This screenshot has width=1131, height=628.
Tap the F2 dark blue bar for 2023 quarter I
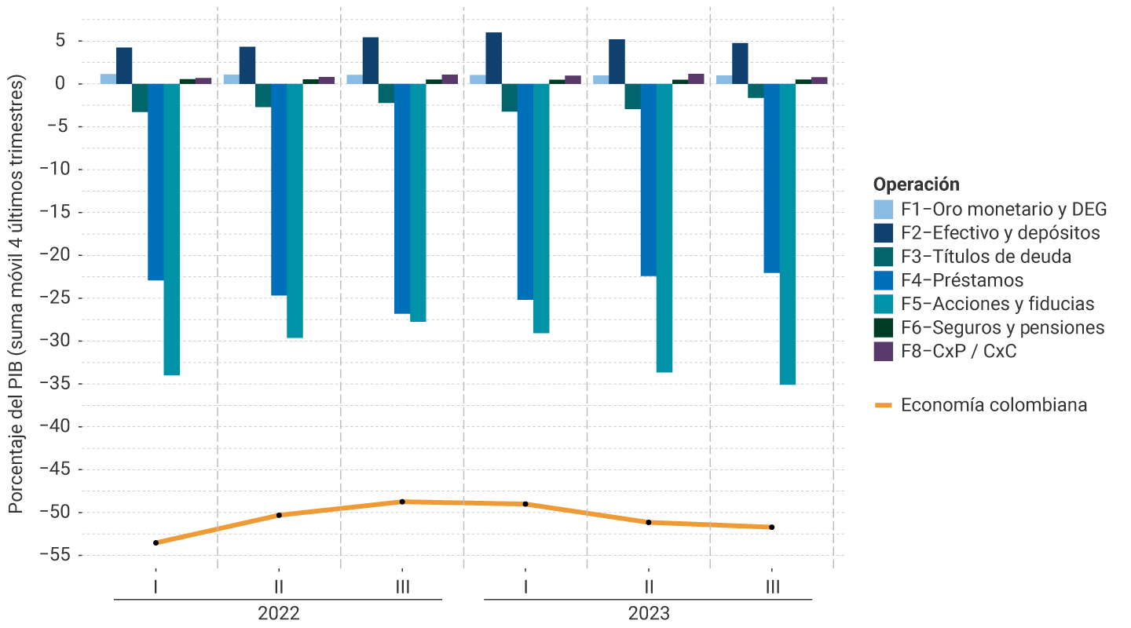[493, 58]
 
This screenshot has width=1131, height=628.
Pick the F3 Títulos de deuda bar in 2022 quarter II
[263, 95]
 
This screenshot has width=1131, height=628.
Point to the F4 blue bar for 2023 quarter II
[648, 180]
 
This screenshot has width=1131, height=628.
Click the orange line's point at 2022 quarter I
[156, 542]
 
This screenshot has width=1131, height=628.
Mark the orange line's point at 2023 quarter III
[771, 527]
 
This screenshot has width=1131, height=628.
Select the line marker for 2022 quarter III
[402, 502]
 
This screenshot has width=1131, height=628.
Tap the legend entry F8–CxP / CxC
[958, 351]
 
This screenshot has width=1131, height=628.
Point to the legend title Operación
[917, 184]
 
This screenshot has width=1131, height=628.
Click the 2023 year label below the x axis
[648, 613]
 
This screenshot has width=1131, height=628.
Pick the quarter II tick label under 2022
[279, 586]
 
